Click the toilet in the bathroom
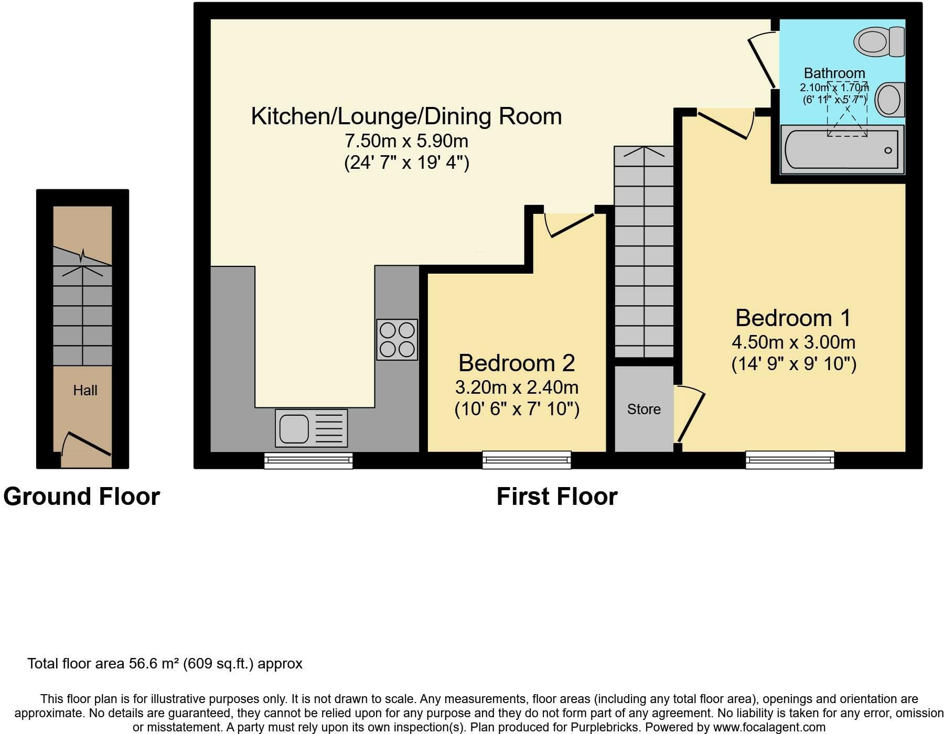[879, 41]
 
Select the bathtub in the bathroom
[842, 149]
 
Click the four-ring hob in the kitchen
[397, 339]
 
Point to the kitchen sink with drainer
[311, 428]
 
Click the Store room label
[644, 409]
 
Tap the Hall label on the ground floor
[85, 390]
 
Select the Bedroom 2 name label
[517, 362]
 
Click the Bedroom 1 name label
[793, 318]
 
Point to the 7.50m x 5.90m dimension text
[406, 141]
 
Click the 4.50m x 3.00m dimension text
[793, 342]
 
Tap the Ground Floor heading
[81, 496]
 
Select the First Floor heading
[557, 496]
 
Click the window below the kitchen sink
[308, 460]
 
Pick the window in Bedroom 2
[527, 460]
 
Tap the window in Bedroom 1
[790, 460]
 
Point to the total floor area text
[165, 664]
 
